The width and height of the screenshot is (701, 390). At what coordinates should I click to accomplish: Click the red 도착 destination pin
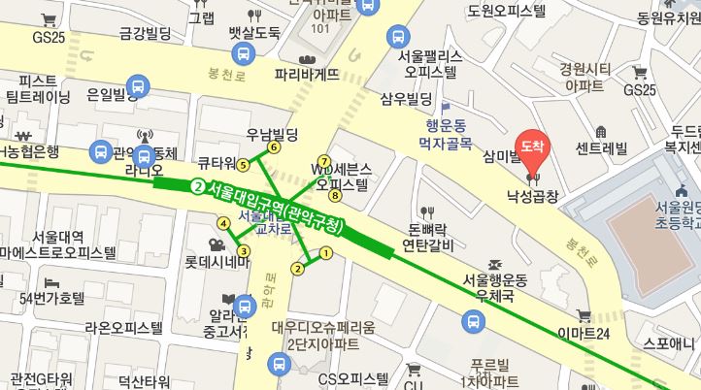coord(531,146)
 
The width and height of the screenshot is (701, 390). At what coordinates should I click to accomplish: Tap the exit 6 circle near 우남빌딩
coord(275,147)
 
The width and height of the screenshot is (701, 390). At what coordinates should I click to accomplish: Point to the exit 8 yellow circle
coord(335,196)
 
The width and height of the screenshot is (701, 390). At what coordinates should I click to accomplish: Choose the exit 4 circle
coord(223,223)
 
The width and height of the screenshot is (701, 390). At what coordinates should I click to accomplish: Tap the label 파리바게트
coord(307,73)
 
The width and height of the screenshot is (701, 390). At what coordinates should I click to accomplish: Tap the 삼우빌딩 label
coord(405,99)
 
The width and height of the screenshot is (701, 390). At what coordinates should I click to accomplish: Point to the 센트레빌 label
coord(601,148)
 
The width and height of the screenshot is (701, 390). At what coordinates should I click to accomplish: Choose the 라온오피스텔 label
coord(123,328)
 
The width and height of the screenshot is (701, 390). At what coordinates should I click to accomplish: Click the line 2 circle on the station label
coord(198,186)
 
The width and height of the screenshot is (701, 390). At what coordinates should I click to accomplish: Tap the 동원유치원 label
coord(669,17)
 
